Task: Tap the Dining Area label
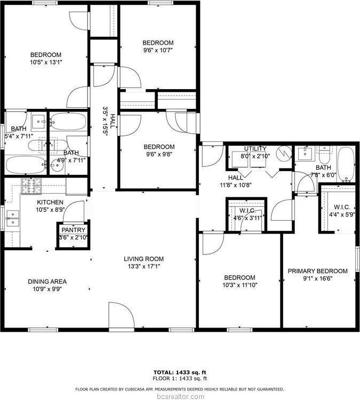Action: coord(47,282)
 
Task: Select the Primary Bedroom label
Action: coord(317,271)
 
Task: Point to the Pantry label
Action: coord(74,230)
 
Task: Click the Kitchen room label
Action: coord(50,203)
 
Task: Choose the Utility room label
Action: coord(255,149)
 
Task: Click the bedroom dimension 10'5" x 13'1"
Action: coord(45,62)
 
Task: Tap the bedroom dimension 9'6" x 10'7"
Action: coord(158,50)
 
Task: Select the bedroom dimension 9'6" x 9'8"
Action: coord(158,155)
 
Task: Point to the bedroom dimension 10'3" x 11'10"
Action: coord(239,285)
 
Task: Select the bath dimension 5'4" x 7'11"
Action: coord(19,137)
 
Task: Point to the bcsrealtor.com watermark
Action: coord(180,396)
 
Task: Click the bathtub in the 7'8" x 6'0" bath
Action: coord(345,164)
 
